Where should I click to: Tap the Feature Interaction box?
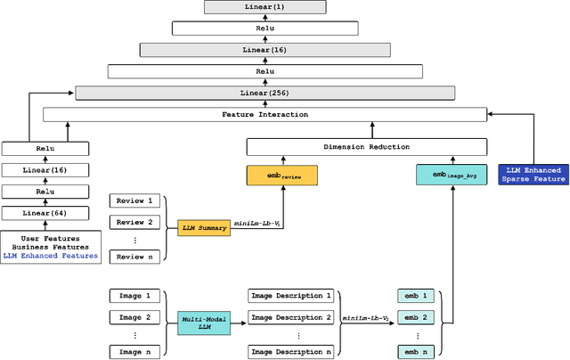(265, 114)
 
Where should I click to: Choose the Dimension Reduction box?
(365, 147)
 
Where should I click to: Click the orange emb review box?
(281, 176)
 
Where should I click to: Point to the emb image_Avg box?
(451, 175)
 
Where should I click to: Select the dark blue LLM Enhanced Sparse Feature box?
(533, 175)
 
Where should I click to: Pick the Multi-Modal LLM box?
(204, 323)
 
